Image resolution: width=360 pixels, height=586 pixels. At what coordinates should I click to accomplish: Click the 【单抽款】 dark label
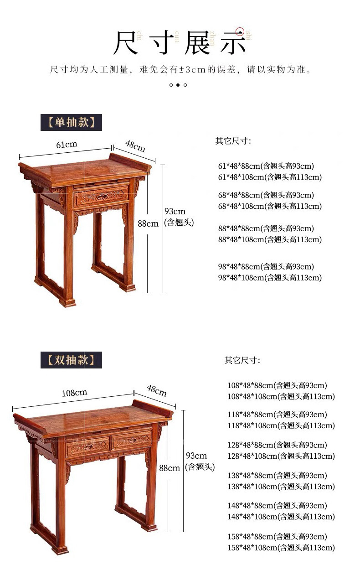pos(71,122)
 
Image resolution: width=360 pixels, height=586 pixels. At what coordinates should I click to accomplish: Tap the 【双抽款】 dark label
pos(71,360)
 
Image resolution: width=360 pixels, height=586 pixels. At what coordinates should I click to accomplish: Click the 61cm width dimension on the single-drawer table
pos(67,145)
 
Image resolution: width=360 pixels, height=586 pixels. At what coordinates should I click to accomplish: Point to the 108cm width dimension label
pos(74,393)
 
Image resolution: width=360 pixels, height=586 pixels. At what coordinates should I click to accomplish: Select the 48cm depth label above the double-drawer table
pos(156,390)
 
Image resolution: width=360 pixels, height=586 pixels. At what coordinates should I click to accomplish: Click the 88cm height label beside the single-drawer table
pos(148,223)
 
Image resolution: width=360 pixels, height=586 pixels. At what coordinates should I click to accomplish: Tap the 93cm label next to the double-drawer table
pos(196,456)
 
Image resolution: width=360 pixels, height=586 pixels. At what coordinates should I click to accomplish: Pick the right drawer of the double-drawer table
pos(132,440)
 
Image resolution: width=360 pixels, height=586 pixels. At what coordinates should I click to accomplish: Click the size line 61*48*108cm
pos(270,177)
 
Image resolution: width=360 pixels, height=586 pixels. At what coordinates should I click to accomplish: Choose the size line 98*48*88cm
pos(266,267)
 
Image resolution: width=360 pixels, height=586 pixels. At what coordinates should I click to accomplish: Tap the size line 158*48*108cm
pos(281,548)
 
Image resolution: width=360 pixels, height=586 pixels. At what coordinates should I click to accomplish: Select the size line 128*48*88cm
pos(277,445)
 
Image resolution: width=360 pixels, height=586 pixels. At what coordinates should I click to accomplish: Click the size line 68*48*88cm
pos(266,195)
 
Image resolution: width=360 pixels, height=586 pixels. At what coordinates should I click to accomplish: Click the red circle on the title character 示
pos(240,31)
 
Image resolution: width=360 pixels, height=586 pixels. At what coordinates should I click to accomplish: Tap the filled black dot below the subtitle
pos(178,85)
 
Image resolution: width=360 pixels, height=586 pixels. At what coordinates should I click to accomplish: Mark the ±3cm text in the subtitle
pos(193,70)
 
